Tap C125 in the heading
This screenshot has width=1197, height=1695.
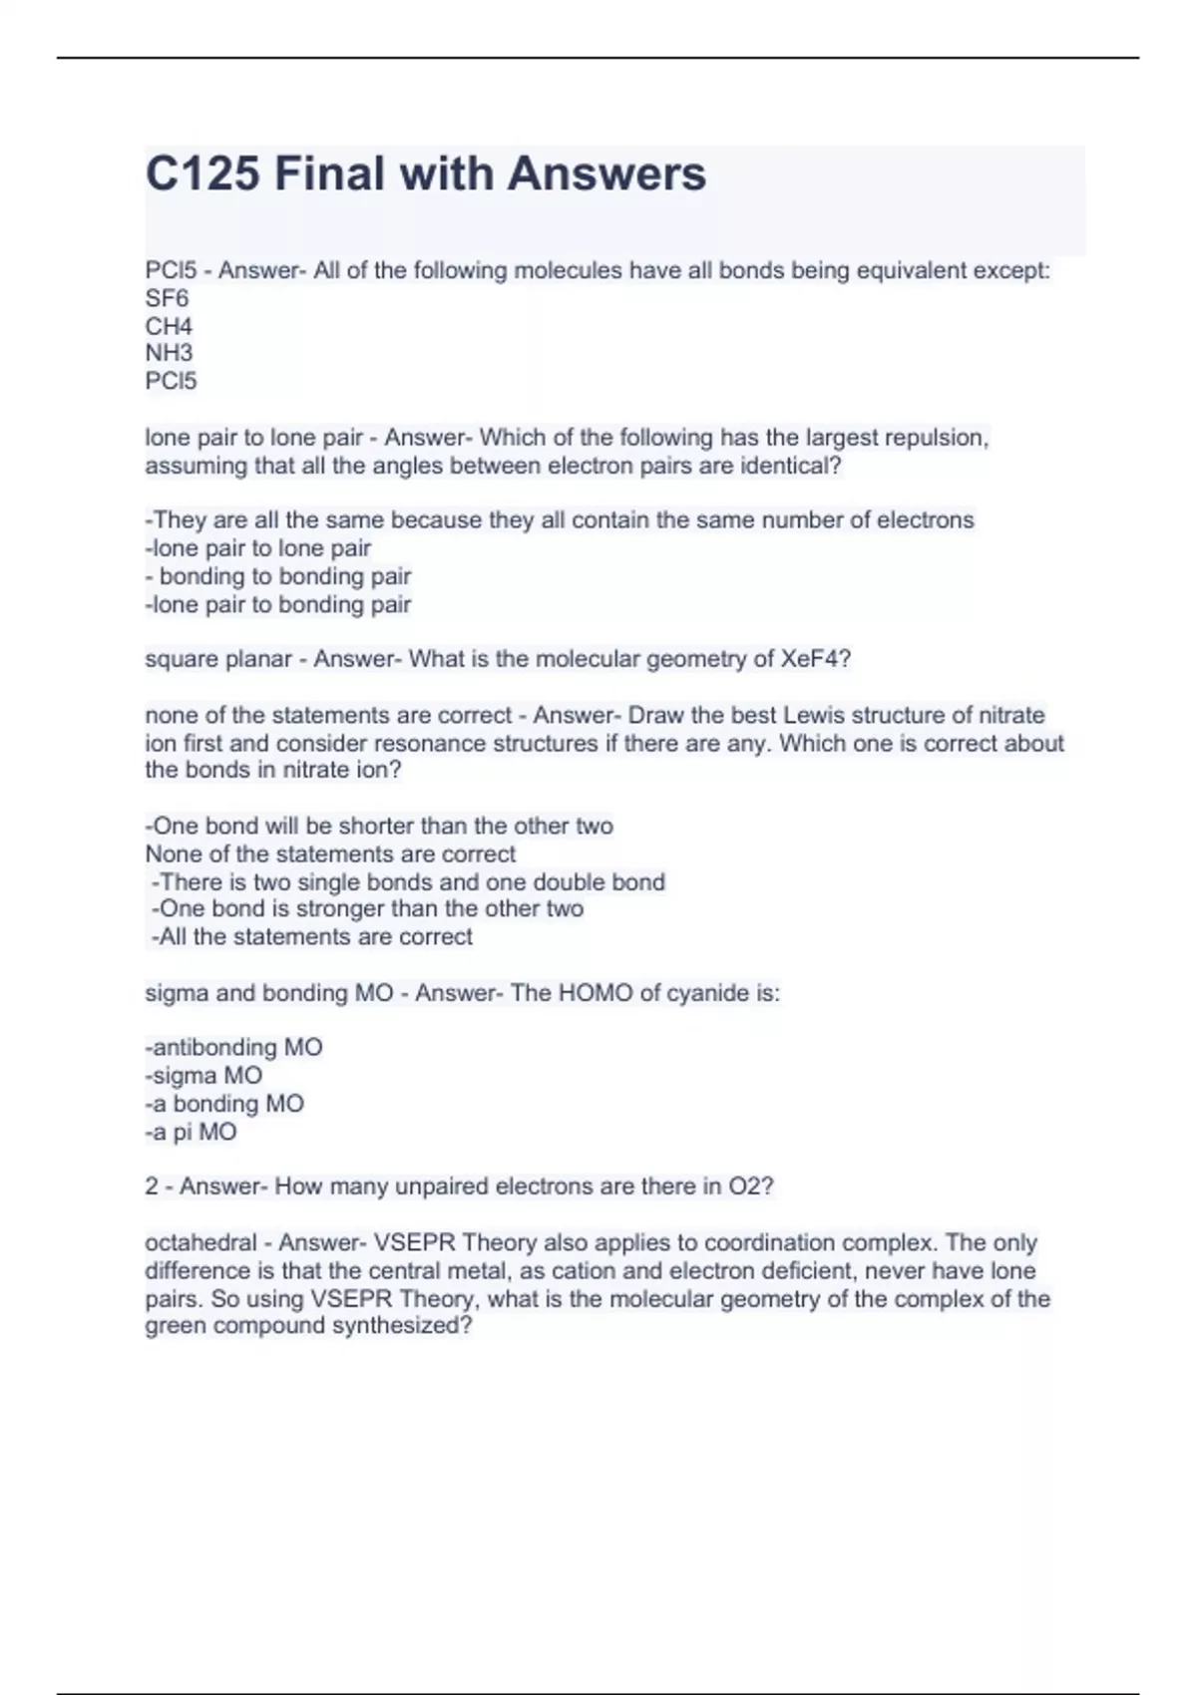point(202,173)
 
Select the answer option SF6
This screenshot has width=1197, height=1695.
point(167,298)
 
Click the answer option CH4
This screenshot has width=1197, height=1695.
point(169,326)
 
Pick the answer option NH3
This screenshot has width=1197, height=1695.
point(169,353)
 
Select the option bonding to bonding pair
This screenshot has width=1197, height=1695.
point(284,576)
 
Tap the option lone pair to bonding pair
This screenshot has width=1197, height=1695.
point(278,604)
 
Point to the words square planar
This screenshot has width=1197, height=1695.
point(217,659)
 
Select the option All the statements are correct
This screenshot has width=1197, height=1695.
point(312,936)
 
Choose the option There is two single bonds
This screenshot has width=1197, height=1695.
point(408,882)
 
